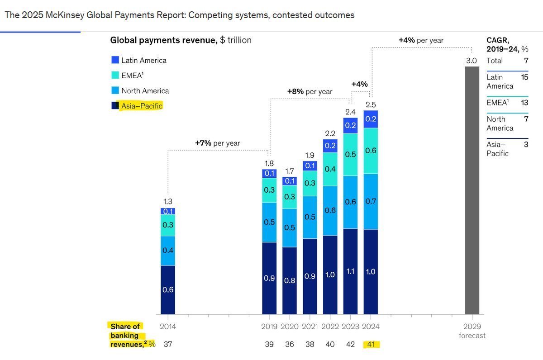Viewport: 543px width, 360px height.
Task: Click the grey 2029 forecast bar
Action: pyautogui.click(x=472, y=190)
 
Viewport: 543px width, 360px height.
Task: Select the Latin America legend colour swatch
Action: pyautogui.click(x=115, y=60)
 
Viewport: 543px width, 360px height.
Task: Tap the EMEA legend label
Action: pyautogui.click(x=132, y=76)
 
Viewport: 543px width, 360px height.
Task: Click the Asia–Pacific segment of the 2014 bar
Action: pyautogui.click(x=168, y=289)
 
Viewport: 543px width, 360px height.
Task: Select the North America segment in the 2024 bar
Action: pyautogui.click(x=371, y=201)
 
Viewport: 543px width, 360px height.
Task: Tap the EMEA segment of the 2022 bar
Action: pyautogui.click(x=330, y=169)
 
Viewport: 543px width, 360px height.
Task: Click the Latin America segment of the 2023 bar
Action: pyautogui.click(x=351, y=126)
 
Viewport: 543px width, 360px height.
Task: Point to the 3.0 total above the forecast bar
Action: pyautogui.click(x=472, y=61)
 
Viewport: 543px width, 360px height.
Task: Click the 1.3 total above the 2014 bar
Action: pyautogui.click(x=168, y=202)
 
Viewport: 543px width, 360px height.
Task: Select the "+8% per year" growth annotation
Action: pyautogui.click(x=310, y=91)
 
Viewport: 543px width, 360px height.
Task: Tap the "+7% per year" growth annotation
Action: pyautogui.click(x=218, y=143)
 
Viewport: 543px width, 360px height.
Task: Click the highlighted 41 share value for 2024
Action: pyautogui.click(x=371, y=345)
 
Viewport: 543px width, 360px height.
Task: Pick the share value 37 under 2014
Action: pyautogui.click(x=168, y=345)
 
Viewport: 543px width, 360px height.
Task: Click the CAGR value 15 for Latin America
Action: pyautogui.click(x=524, y=77)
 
